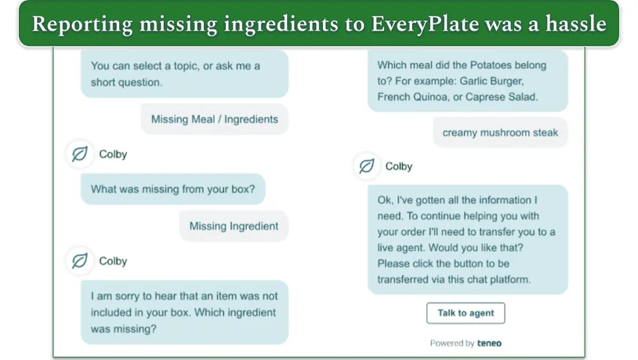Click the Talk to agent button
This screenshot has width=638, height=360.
pyautogui.click(x=466, y=313)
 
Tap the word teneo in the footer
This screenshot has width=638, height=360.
pyautogui.click(x=489, y=343)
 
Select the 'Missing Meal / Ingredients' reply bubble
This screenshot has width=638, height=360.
pyautogui.click(x=215, y=119)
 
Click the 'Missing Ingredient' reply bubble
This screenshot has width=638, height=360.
pyautogui.click(x=234, y=226)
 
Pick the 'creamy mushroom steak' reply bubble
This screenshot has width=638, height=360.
pyautogui.click(x=500, y=133)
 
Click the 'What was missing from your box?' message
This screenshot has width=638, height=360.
pyautogui.click(x=173, y=189)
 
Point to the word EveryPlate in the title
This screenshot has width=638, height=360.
pyautogui.click(x=425, y=24)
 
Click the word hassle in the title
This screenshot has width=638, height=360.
pyautogui.click(x=576, y=24)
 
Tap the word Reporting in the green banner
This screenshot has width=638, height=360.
pyautogui.click(x=82, y=24)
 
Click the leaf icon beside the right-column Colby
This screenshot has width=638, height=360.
pyautogui.click(x=367, y=166)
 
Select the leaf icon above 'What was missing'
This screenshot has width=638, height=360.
pyautogui.click(x=80, y=154)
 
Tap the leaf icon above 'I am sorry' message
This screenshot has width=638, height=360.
pyautogui.click(x=80, y=260)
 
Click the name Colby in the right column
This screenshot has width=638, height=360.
pyautogui.click(x=399, y=166)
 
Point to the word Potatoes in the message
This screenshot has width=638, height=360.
pyautogui.click(x=491, y=65)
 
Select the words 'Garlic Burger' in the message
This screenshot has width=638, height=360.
pyautogui.click(x=491, y=81)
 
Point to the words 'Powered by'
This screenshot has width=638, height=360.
pyautogui.click(x=452, y=344)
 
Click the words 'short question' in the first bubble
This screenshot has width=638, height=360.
pyautogui.click(x=125, y=82)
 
